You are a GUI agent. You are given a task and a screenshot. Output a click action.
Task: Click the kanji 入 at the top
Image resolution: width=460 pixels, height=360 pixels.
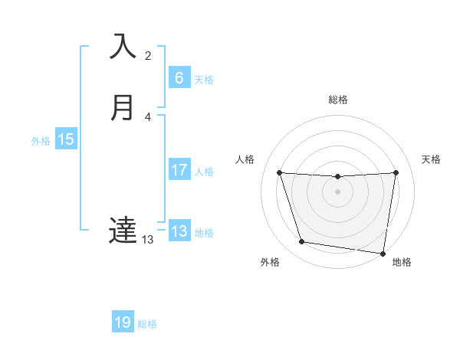tap(123, 47)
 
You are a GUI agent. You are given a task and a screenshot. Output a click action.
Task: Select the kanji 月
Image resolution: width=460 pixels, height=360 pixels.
tap(123, 108)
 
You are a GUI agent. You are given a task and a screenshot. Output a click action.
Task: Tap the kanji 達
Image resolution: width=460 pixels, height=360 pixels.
tap(123, 231)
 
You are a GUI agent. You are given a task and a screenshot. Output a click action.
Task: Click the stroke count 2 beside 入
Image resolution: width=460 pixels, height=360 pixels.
tap(148, 56)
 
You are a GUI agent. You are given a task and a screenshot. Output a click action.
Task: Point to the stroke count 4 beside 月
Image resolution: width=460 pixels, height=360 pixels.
tap(148, 117)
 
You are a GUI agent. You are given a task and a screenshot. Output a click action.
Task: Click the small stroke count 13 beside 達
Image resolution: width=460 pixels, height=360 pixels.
tap(148, 240)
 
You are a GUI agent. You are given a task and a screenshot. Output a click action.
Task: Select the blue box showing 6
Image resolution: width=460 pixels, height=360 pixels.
tap(179, 78)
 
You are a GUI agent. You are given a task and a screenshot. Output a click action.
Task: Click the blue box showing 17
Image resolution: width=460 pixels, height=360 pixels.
tap(179, 170)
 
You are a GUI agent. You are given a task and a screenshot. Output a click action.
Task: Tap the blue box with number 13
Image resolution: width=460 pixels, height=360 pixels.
tap(179, 231)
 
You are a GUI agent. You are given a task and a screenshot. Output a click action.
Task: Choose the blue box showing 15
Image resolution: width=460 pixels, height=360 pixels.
tap(66, 139)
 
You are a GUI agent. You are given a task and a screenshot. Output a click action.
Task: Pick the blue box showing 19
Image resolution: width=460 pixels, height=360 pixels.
tap(123, 322)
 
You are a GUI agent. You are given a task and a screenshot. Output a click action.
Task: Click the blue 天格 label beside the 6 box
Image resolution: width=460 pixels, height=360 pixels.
tap(204, 80)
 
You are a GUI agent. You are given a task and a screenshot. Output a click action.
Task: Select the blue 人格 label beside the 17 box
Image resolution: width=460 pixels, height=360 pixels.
tap(204, 172)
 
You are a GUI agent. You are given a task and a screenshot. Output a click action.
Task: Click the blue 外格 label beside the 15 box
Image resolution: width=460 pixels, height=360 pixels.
tap(41, 141)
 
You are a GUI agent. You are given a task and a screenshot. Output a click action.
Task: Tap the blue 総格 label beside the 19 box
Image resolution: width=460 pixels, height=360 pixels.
tap(147, 324)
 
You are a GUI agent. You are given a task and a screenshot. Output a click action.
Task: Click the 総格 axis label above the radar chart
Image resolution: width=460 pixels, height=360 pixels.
tap(337, 100)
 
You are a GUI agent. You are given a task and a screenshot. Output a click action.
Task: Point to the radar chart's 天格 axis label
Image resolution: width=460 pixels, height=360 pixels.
tap(432, 159)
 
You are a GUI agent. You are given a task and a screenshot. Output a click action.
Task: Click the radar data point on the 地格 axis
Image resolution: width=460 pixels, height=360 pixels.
tap(383, 253)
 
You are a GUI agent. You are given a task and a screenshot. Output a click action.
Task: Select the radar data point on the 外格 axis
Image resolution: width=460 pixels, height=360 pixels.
tap(302, 242)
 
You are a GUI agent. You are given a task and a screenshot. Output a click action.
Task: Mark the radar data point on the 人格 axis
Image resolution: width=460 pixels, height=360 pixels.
tap(280, 173)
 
